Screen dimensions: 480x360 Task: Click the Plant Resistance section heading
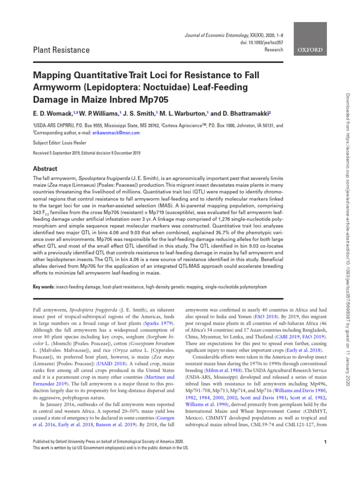61,50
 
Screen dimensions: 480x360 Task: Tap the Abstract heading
45,169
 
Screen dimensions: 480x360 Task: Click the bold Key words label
43,286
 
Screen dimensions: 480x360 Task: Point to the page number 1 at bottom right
325,442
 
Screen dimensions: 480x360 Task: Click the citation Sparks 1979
158,323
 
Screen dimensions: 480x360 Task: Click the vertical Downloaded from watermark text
347,187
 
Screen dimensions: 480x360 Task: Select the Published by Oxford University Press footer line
110,441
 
